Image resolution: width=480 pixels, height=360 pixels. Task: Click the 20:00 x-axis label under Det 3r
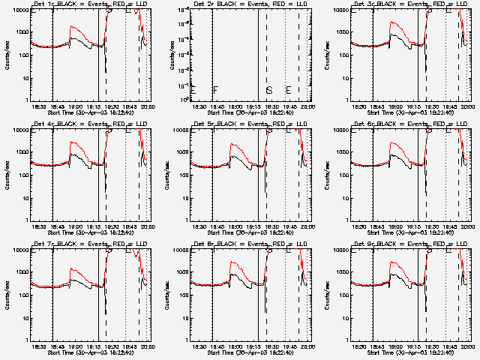coord(466,107)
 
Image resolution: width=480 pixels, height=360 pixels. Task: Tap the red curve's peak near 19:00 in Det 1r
coord(71,27)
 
